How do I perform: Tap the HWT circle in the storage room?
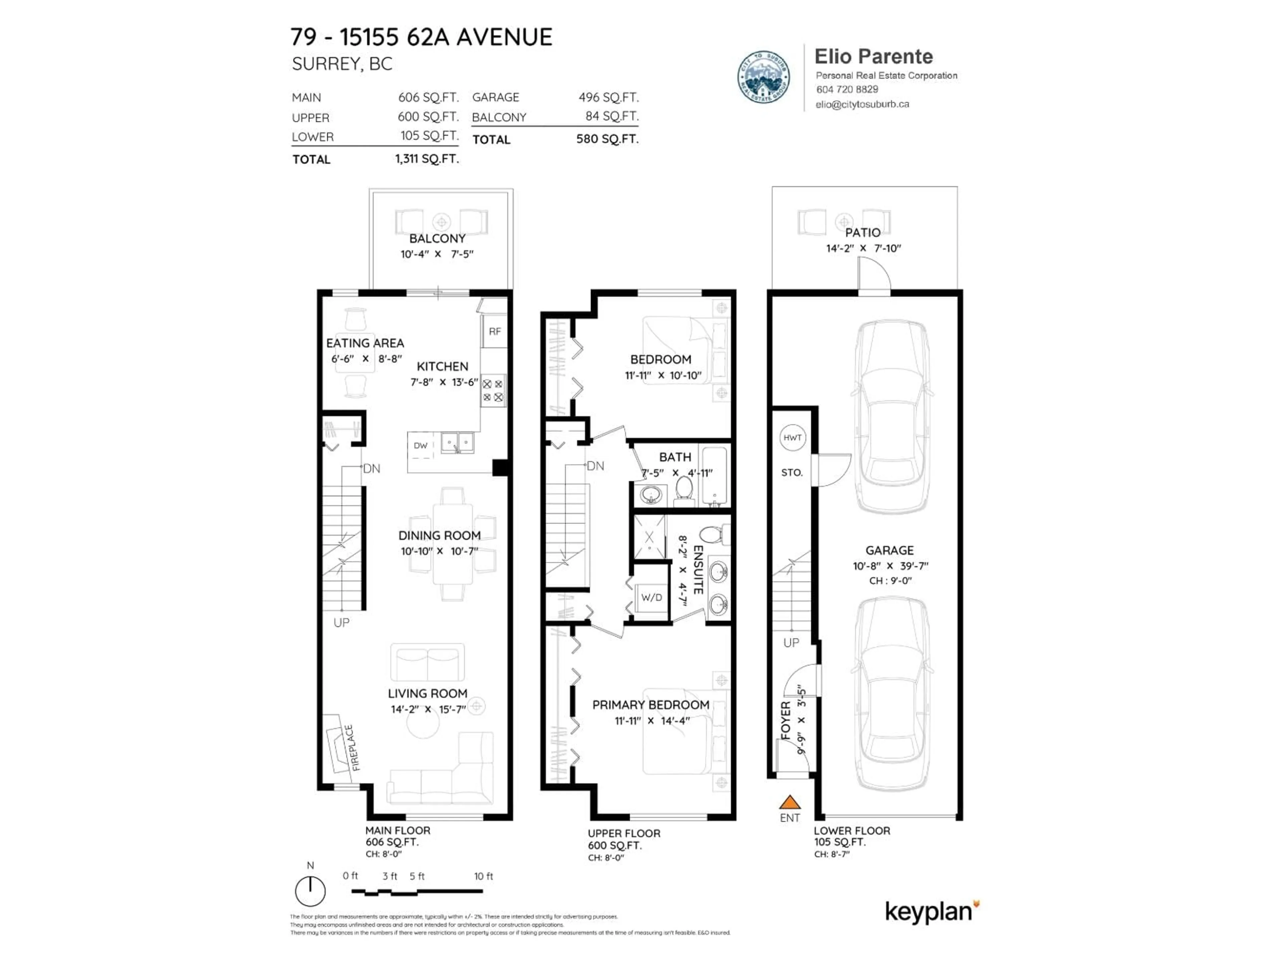tap(792, 438)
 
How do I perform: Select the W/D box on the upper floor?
tap(651, 597)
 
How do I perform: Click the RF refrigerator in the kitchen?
tap(494, 332)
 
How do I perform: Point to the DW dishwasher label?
tap(421, 445)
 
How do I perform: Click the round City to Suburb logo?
tap(763, 76)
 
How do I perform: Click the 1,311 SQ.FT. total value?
tap(427, 159)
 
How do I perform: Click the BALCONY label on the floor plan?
tap(437, 238)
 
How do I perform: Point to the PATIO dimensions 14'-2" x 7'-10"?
tap(863, 248)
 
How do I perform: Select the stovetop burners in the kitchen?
tap(493, 390)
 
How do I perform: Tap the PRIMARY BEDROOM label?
tap(650, 704)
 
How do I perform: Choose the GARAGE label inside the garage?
tap(889, 550)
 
